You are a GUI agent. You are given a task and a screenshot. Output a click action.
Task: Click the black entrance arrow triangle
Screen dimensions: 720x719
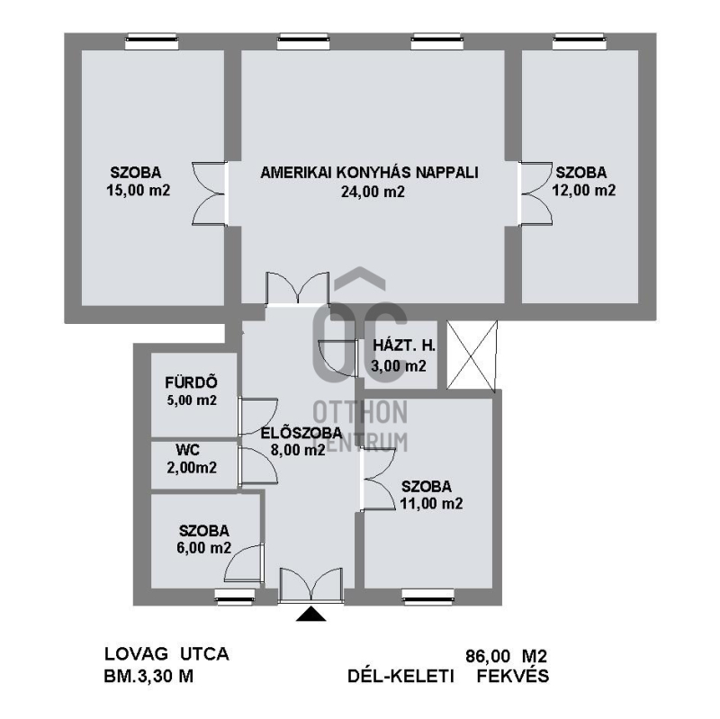[x=310, y=614]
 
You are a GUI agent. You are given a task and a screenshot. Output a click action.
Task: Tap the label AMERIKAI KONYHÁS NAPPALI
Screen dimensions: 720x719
[x=370, y=173]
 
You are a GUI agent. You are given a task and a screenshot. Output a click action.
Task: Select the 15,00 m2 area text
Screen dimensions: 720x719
[x=139, y=190]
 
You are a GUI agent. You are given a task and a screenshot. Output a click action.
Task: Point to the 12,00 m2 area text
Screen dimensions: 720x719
[x=583, y=190]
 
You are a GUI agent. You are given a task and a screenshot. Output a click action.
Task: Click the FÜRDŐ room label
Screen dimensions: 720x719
[x=191, y=382]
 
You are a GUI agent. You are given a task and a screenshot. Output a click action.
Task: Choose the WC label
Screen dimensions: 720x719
[x=187, y=450]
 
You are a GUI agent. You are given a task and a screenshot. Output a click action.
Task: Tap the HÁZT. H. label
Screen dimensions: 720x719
[x=403, y=346]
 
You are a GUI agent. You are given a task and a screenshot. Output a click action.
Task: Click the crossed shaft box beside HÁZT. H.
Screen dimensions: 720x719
[x=472, y=355]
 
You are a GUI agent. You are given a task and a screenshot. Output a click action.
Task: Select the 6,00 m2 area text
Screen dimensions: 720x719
[x=204, y=548]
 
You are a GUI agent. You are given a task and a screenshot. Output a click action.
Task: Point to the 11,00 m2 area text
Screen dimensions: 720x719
[x=431, y=504]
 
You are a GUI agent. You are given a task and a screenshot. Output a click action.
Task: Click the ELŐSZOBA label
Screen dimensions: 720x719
[x=301, y=433]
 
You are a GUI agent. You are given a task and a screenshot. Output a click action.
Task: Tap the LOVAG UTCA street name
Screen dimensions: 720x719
[x=166, y=654]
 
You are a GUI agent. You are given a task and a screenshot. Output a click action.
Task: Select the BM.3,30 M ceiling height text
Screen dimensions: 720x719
[x=148, y=676]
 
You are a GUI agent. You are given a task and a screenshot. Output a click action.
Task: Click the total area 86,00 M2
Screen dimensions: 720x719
[x=507, y=656]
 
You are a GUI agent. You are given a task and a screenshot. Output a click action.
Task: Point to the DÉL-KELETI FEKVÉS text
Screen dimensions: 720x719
[x=448, y=676]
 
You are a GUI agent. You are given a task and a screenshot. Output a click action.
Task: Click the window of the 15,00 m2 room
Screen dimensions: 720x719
[x=151, y=41]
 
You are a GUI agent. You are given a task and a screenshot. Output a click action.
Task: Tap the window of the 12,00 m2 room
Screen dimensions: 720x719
[x=578, y=41]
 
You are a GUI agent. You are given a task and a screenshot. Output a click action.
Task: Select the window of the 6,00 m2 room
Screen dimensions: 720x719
[x=235, y=598]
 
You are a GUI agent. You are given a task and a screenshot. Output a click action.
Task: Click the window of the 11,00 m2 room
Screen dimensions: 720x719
[x=428, y=598]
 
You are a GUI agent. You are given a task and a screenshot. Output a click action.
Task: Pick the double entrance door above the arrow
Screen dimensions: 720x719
[x=311, y=585]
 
